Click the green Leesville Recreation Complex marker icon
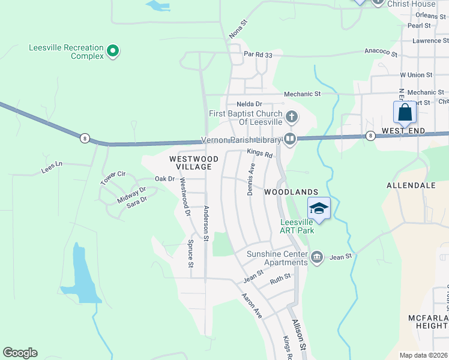click(112, 52)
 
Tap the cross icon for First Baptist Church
click(291, 116)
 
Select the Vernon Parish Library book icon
click(290, 140)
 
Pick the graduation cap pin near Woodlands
click(319, 209)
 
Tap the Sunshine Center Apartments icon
click(317, 257)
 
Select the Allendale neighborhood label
click(411, 185)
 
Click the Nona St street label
click(239, 31)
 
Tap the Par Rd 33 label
click(258, 55)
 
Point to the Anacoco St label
click(381, 52)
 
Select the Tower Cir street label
click(113, 178)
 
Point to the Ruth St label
click(280, 278)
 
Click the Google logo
click(20, 353)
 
